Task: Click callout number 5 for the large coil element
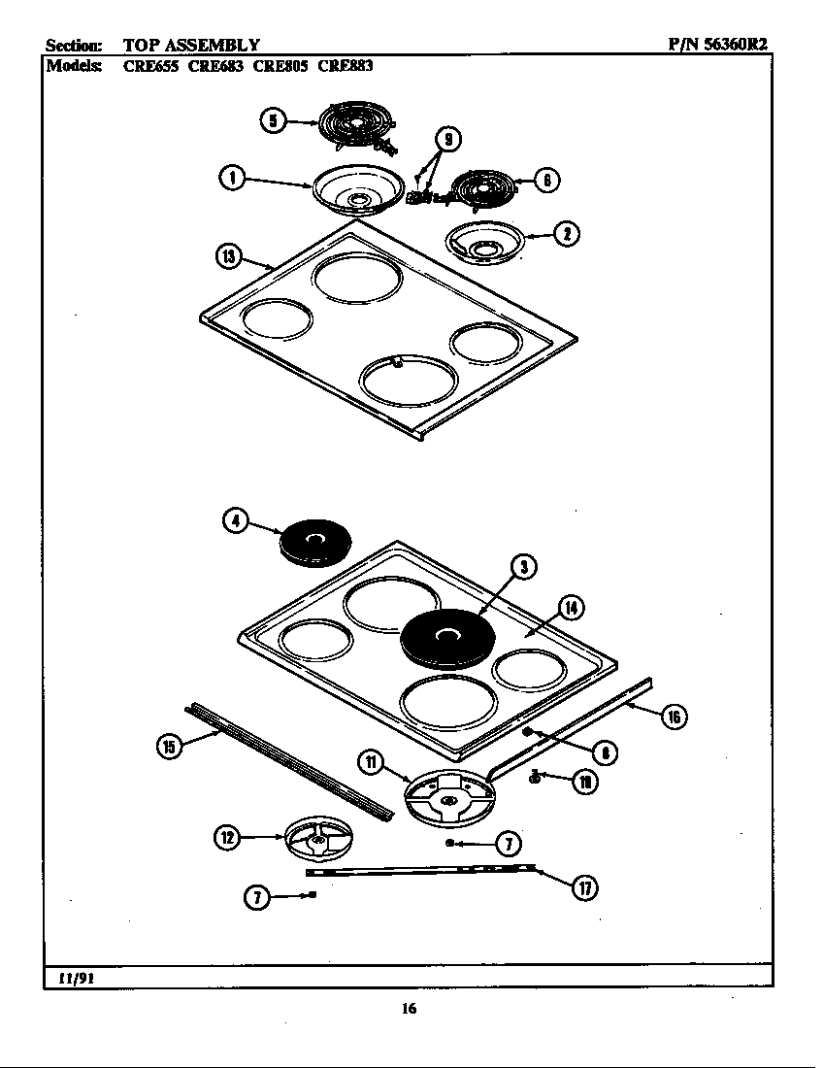274,120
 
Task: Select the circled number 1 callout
231,178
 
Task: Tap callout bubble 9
446,139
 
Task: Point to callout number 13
227,256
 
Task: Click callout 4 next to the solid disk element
235,520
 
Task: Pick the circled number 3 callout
523,568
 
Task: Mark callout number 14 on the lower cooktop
572,608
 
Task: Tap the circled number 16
674,718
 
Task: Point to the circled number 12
226,836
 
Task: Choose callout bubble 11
371,762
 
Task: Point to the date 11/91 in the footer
75,977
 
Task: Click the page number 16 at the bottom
409,1009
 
